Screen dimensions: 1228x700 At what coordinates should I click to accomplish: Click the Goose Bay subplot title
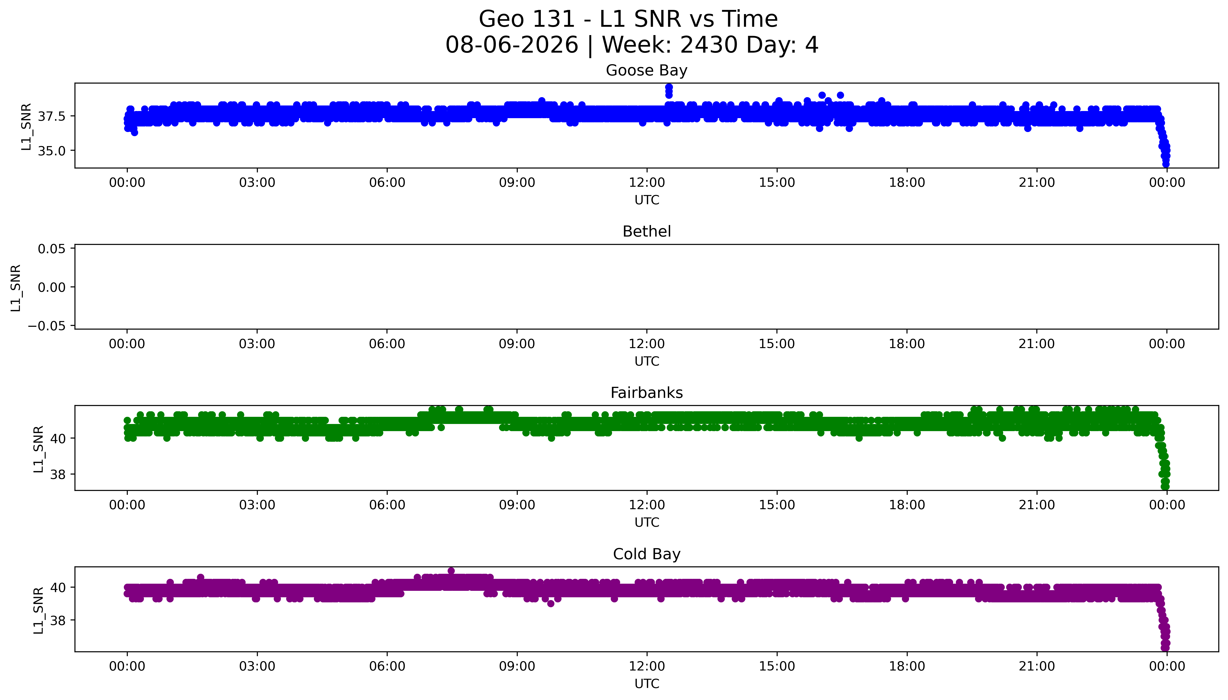pos(646,71)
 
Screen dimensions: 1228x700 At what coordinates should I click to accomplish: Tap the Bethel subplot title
pos(646,232)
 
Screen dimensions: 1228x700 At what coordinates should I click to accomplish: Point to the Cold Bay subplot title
pos(646,554)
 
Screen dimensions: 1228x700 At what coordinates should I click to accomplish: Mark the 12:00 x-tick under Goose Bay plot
pos(647,183)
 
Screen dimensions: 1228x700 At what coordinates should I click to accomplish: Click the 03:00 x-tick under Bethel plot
pos(257,344)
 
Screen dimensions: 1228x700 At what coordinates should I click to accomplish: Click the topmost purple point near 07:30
pos(451,571)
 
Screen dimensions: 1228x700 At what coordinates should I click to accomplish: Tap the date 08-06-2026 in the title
pos(512,45)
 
